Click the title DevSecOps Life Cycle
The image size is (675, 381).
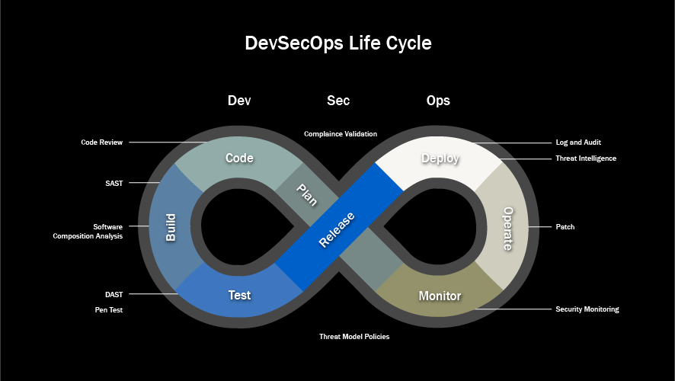click(x=338, y=43)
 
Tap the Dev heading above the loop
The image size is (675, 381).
click(x=239, y=101)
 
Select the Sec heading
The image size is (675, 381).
click(x=338, y=101)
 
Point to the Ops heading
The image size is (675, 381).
click(x=438, y=101)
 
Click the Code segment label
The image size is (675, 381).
click(x=239, y=158)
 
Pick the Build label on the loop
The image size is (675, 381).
click(x=171, y=227)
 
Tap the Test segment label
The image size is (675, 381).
click(x=239, y=295)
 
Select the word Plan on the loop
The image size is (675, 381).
click(x=307, y=195)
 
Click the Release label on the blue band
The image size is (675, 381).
click(x=337, y=230)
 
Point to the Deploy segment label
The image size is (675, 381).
click(x=440, y=158)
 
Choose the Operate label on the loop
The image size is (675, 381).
click(x=508, y=229)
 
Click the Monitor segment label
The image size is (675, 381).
click(x=440, y=296)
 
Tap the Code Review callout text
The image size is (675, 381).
click(x=101, y=142)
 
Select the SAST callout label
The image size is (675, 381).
click(x=114, y=184)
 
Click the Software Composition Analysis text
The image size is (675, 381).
click(x=88, y=231)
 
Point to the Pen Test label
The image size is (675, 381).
click(x=109, y=310)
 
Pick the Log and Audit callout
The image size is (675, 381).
click(x=578, y=142)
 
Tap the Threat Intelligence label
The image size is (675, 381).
click(x=586, y=158)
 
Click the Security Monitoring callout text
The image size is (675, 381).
click(x=587, y=309)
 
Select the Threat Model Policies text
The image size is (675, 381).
click(x=354, y=337)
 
